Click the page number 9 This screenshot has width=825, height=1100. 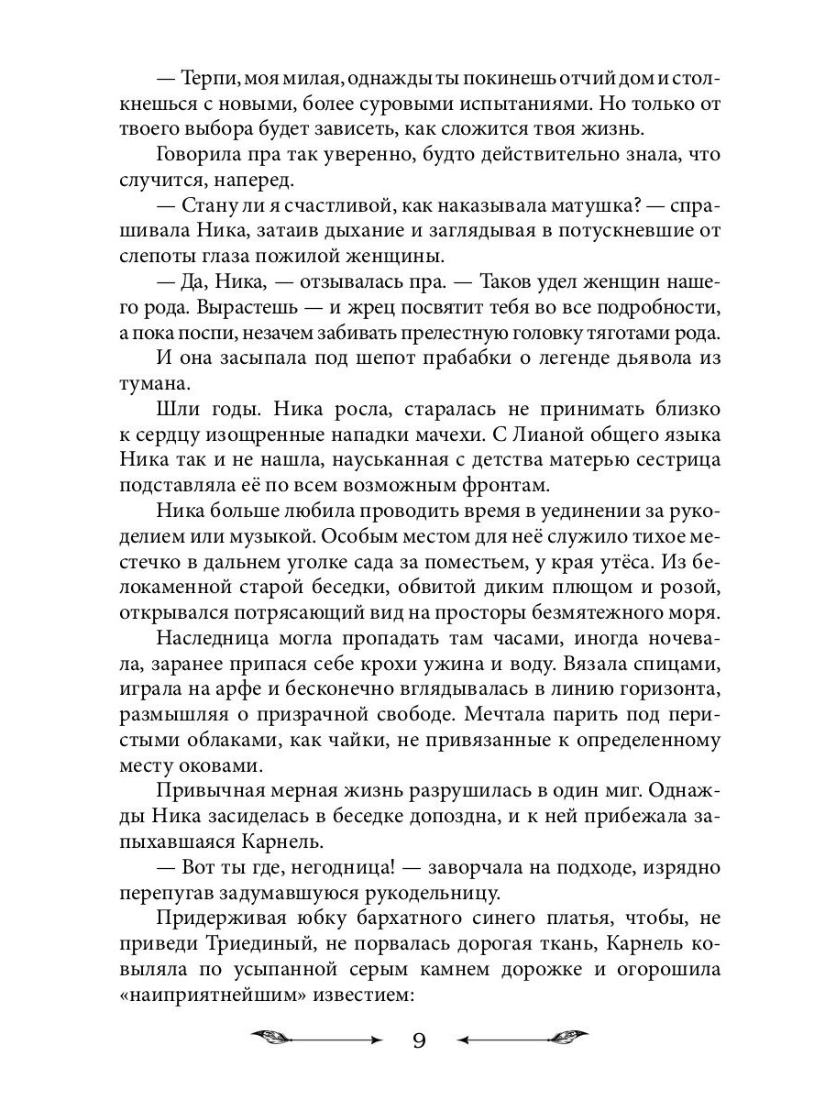point(418,1040)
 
